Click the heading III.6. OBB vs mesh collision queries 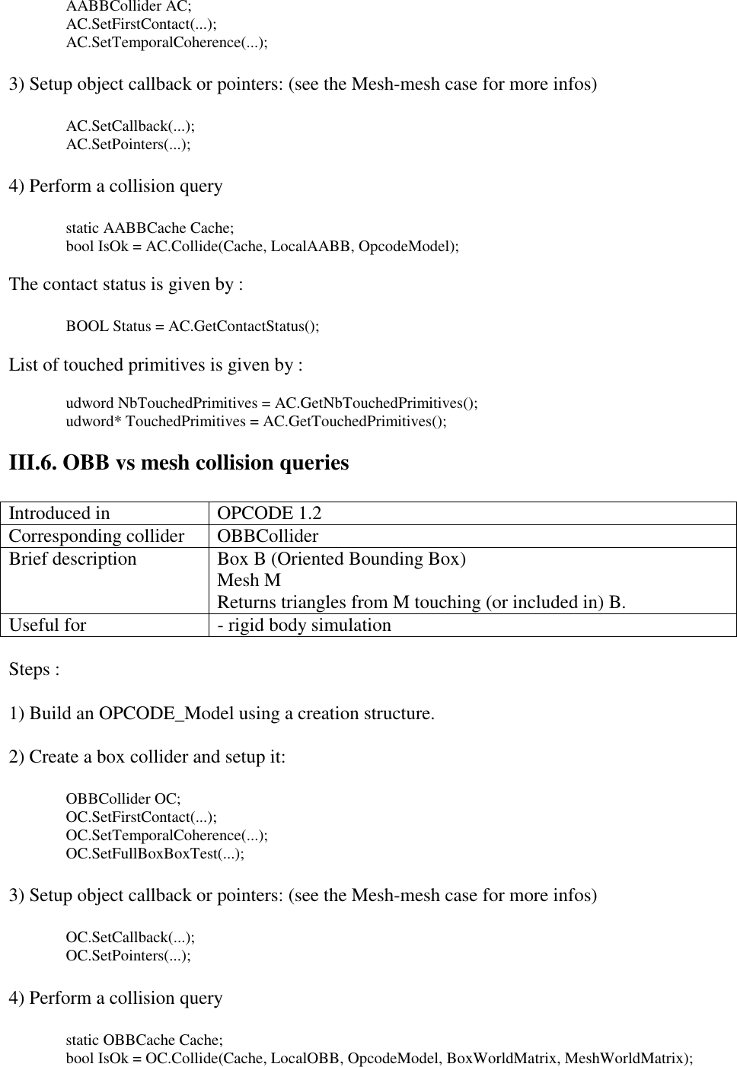tap(179, 463)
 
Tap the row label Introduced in tap(59, 514)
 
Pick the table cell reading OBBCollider tap(268, 537)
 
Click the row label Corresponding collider tap(97, 537)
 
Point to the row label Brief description tap(73, 559)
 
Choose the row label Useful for tap(48, 626)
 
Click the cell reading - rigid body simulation tap(305, 626)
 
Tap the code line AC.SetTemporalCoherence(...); tap(167, 42)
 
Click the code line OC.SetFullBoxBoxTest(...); tap(155, 853)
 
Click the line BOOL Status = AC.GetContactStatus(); tap(193, 326)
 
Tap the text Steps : tap(34, 670)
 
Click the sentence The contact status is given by tap(126, 285)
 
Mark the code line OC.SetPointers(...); tap(129, 955)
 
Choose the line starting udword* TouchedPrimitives tap(257, 421)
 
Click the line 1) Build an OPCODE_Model tap(222, 714)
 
